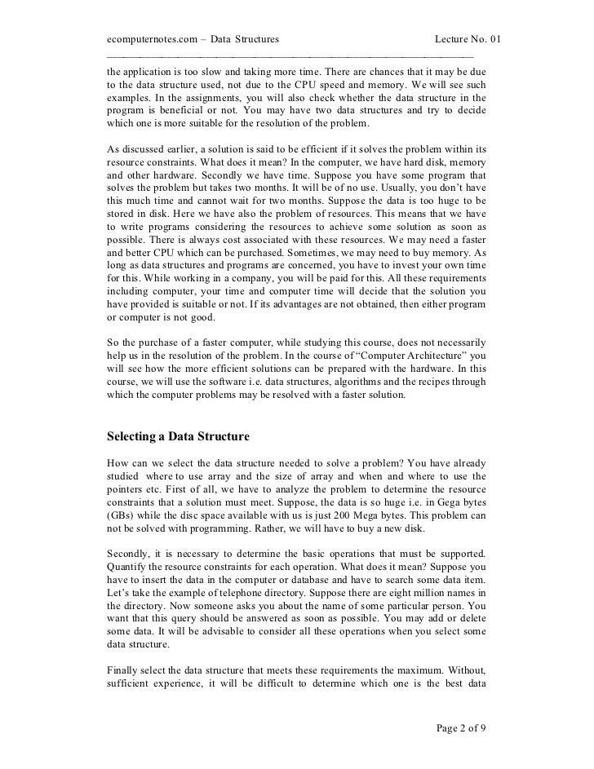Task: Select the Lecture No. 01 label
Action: [x=460, y=38]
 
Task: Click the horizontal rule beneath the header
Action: [x=290, y=55]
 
